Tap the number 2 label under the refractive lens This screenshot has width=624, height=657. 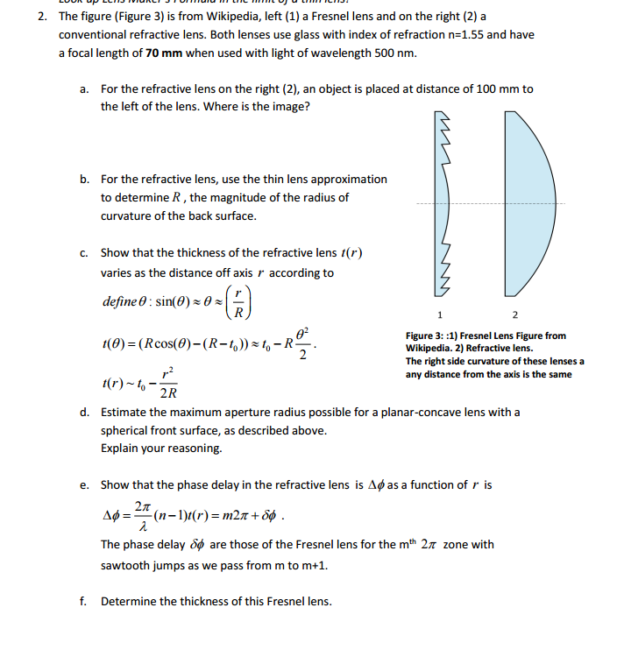tap(514, 314)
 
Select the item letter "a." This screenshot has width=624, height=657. tap(85, 88)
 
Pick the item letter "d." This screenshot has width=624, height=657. tap(85, 412)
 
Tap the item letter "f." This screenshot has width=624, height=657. tap(84, 601)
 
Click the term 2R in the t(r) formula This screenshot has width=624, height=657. tap(168, 392)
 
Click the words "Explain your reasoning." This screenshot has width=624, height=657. tap(161, 448)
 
